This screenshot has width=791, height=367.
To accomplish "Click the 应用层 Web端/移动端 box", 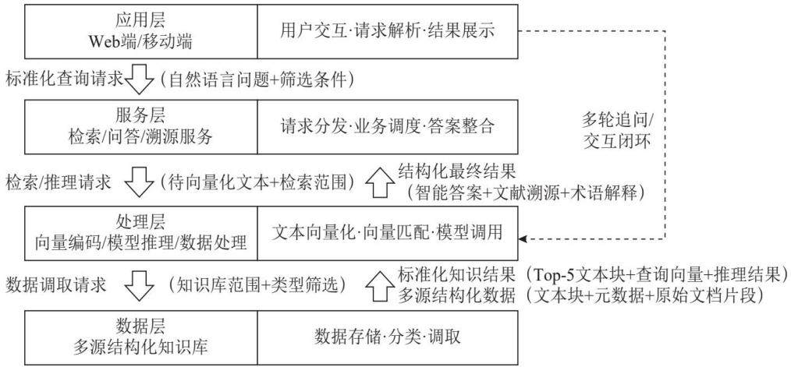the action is pos(141,31).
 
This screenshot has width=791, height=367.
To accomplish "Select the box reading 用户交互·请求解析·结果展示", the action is pos(388,31).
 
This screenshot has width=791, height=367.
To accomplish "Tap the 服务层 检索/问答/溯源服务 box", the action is pos(141,127).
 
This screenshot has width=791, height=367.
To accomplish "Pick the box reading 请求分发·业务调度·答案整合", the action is pos(388,127).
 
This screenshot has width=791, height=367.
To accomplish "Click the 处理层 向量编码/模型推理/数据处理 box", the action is pos(141,233).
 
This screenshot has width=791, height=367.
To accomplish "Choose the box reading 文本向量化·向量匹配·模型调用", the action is pos(388,233).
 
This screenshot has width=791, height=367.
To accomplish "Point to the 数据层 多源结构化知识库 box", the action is pos(141,337).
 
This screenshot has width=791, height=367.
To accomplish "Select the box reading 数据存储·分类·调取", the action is pos(388,337).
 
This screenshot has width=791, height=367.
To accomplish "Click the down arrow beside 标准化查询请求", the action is pos(138,79).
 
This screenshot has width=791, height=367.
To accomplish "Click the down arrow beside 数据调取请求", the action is pos(138,286).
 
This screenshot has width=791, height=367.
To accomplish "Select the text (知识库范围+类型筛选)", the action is pos(257,286).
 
